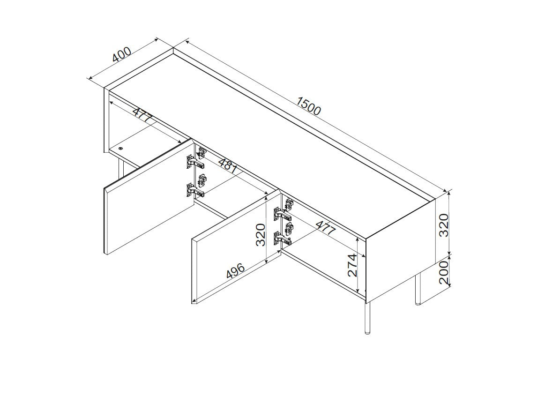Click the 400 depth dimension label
[x=122, y=54]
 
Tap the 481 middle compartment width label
[x=227, y=165]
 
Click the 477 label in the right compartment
[x=325, y=227]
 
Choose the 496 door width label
[x=235, y=271]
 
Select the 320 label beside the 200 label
[x=444, y=225]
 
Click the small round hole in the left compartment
[x=121, y=149]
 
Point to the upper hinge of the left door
[x=196, y=158]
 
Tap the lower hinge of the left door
[x=196, y=186]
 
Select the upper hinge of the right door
[x=283, y=210]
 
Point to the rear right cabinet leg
[x=418, y=289]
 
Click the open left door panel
[x=149, y=197]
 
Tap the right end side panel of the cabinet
[x=401, y=250]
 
